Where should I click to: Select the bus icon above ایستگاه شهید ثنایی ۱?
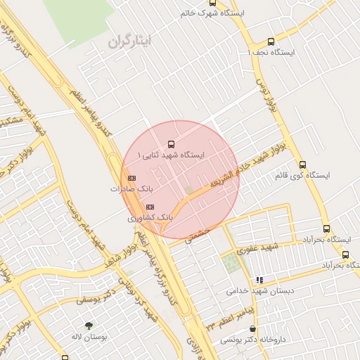172,144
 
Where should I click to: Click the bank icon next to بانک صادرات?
131,179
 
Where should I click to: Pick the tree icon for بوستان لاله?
89,326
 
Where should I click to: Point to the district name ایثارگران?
130,43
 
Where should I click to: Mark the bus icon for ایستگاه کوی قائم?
302,165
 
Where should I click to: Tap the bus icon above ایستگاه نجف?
271,41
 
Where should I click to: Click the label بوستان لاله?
89,337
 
